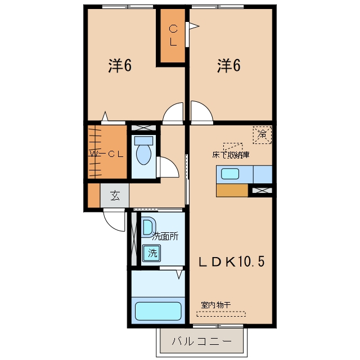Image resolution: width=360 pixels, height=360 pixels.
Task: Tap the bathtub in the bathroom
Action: (x=158, y=311)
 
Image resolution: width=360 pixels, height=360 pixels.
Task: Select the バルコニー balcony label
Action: (x=201, y=341)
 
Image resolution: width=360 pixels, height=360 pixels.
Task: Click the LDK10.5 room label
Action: (x=231, y=262)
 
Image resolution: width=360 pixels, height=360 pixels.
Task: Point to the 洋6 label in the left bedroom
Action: (x=120, y=66)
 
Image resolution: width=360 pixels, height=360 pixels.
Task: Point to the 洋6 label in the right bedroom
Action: (x=229, y=66)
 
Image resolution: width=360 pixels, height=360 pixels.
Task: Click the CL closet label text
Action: (x=173, y=35)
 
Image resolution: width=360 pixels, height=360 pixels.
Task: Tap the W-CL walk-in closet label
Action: (x=106, y=154)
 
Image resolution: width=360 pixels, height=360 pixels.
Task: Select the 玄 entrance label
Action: (x=115, y=196)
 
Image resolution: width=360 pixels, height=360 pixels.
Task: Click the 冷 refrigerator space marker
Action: (x=262, y=135)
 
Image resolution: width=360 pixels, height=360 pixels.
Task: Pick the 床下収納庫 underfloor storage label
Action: (x=231, y=155)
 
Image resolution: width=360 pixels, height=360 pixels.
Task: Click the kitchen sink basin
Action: (x=230, y=174)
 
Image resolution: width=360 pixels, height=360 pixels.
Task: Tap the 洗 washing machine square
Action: (x=152, y=253)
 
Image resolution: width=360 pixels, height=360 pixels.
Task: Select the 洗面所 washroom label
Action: (x=165, y=236)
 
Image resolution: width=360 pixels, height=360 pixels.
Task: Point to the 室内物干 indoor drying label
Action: (x=216, y=305)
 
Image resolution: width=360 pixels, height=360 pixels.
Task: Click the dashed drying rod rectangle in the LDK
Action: (x=221, y=314)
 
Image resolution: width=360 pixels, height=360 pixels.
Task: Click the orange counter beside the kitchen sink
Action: (x=232, y=190)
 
